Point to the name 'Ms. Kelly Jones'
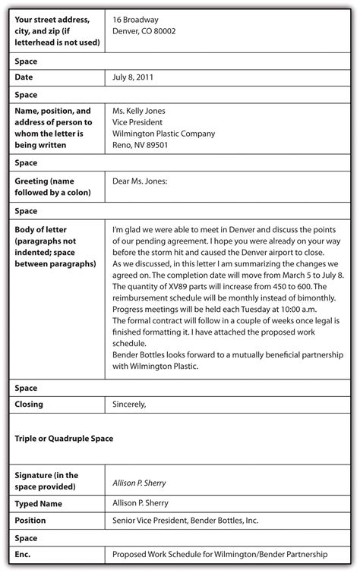coord(138,111)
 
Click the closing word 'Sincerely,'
coord(129,405)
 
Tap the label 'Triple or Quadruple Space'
coord(64,439)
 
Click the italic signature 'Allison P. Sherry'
coord(139,483)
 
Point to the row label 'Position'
coord(30,521)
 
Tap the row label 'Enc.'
coord(24,556)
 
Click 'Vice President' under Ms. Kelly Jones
coord(139,122)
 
